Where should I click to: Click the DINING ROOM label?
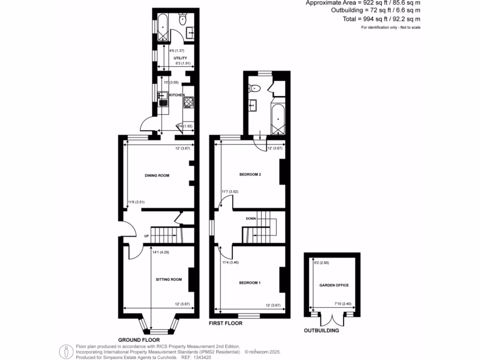click(157, 175)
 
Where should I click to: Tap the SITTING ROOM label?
click(169, 279)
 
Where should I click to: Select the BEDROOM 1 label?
click(250, 283)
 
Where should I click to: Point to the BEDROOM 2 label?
click(250, 174)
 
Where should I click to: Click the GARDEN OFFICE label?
click(334, 285)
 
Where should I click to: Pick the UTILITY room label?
click(174, 58)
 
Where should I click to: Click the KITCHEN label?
click(177, 95)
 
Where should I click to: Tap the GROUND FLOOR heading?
click(139, 340)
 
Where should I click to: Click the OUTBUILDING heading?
click(322, 330)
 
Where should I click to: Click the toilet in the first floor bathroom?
click(255, 88)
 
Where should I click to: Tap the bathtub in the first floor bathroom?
click(277, 119)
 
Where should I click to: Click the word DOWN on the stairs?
click(250, 219)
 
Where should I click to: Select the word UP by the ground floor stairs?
click(146, 236)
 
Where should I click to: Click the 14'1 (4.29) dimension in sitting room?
click(160, 252)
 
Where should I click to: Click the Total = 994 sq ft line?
click(382, 19)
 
